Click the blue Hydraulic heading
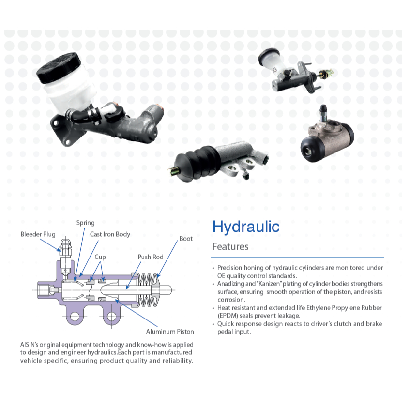coord(246,227)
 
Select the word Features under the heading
coord(230,246)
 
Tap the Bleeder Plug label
coord(38,234)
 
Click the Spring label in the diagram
coord(85,223)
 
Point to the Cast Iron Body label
coord(110,234)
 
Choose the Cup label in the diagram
coord(100,258)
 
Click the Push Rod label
coord(151,257)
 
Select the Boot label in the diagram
coord(186,239)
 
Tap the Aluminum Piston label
coord(170,332)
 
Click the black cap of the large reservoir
coord(59,67)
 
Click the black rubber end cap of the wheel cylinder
coord(312,149)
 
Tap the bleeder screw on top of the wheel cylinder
coord(323,113)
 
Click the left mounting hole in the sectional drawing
coord(75,317)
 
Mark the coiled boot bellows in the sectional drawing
coord(148,290)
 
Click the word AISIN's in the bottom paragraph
coord(29,345)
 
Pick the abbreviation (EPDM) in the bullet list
coord(228,316)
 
